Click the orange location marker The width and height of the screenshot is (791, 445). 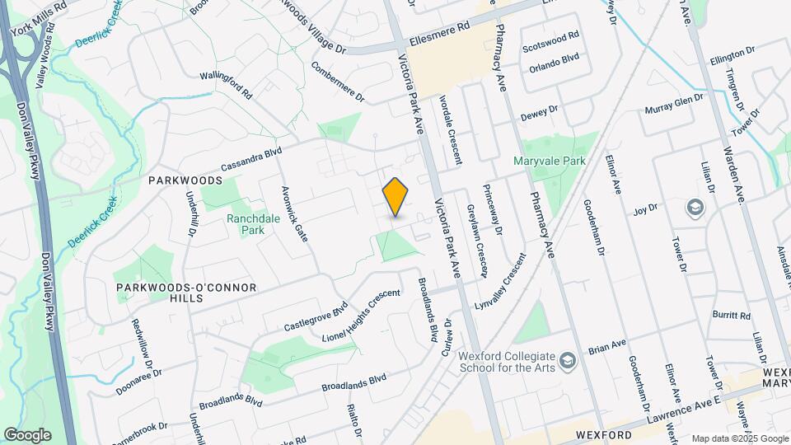click(x=395, y=197)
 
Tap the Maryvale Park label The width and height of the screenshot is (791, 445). click(x=550, y=161)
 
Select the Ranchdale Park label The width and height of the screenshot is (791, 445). click(x=246, y=225)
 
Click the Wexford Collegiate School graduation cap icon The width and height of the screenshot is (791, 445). click(x=567, y=360)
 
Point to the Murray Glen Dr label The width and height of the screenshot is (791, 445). click(x=674, y=105)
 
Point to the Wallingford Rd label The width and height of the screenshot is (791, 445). click(x=226, y=86)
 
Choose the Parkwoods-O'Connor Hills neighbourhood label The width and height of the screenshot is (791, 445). click(x=175, y=292)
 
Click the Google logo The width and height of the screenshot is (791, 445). click(x=27, y=434)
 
